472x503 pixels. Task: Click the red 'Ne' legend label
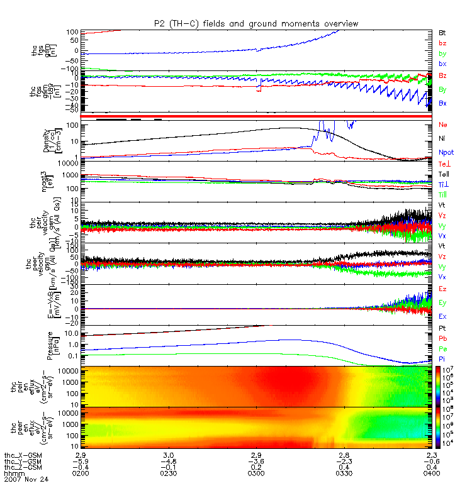pyautogui.click(x=444, y=125)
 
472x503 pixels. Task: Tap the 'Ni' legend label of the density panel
pyautogui.click(x=443, y=138)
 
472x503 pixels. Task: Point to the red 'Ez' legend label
pyautogui.click(x=443, y=289)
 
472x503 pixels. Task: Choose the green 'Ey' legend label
pyautogui.click(x=443, y=302)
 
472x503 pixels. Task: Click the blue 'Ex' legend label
pyautogui.click(x=443, y=316)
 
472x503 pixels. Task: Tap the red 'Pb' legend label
pyautogui.click(x=443, y=337)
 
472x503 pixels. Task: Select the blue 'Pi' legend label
pyautogui.click(x=442, y=357)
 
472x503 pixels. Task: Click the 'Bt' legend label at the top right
pyautogui.click(x=442, y=31)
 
